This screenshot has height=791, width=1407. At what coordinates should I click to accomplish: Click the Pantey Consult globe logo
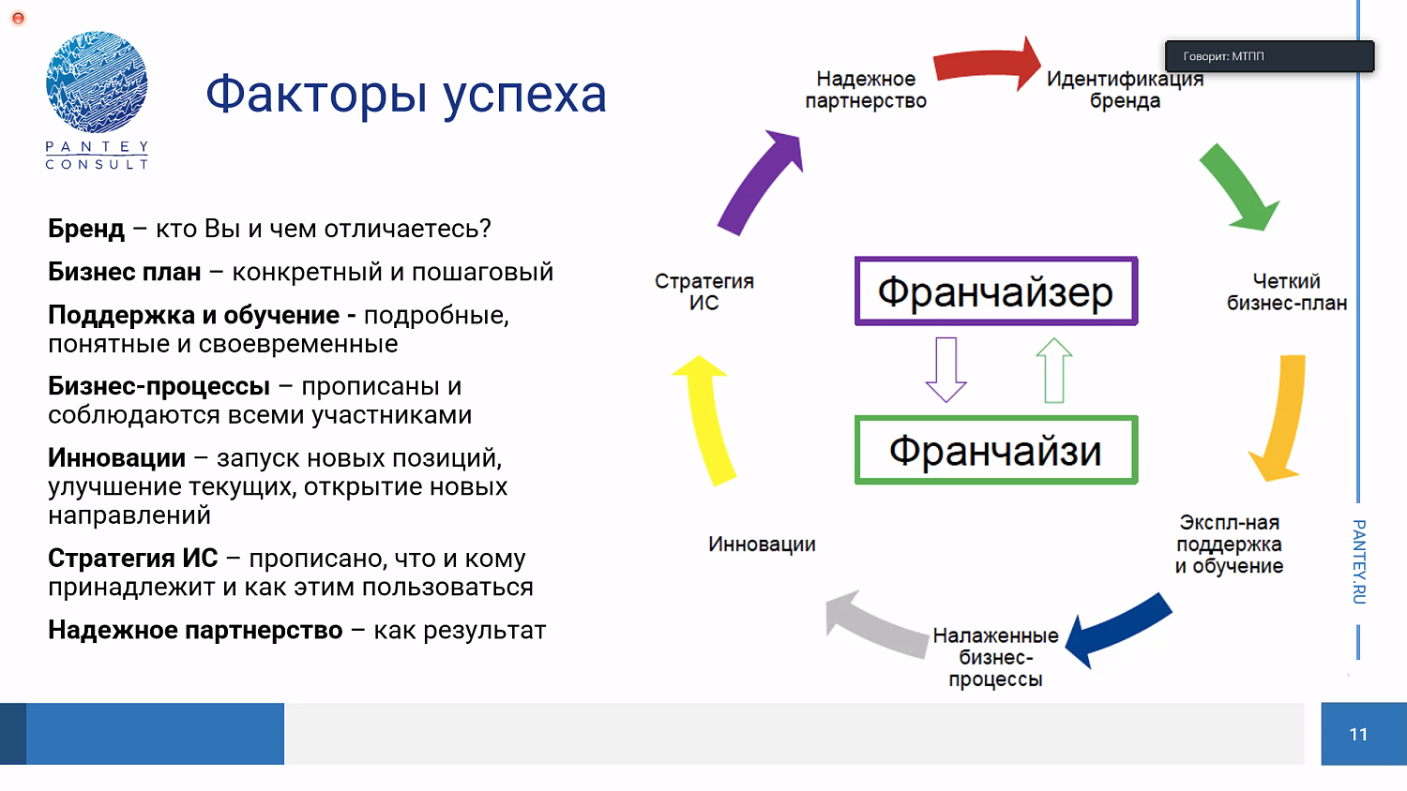coord(97,82)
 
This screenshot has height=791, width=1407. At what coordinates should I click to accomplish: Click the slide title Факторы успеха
coord(406,95)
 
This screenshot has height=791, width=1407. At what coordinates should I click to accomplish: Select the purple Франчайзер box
coord(995,291)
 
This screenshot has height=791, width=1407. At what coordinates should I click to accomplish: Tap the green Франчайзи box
coord(995,451)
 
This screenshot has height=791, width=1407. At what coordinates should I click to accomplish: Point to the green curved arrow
coord(1238,188)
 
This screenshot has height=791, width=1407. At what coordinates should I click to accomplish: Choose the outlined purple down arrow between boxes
coord(946,369)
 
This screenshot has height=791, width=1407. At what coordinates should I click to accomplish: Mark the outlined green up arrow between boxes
coord(1054,369)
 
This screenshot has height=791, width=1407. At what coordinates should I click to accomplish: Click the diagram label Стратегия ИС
coord(704,291)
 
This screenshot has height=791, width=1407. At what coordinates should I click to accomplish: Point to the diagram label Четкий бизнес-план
coord(1286,291)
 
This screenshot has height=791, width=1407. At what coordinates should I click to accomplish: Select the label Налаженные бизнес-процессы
coord(995,657)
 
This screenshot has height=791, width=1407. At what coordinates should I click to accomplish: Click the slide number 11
coord(1358,734)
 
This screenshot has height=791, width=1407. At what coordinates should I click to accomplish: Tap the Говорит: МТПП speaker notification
coord(1269,56)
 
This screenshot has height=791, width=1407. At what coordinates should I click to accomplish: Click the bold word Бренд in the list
coord(86,229)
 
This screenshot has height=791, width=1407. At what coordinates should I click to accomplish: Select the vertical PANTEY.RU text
coord(1358,561)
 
